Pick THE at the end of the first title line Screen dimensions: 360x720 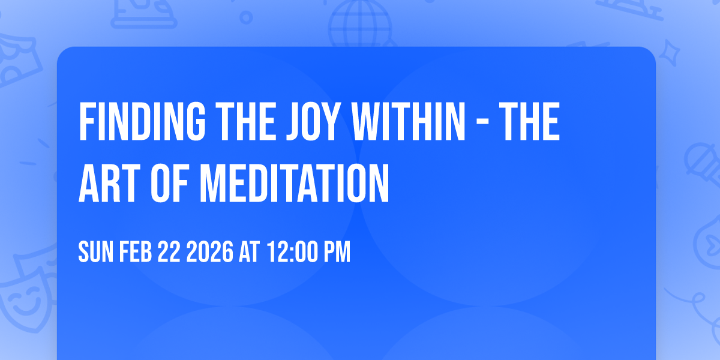pyautogui.click(x=530, y=122)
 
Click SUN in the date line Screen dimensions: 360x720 pyautogui.click(x=96, y=253)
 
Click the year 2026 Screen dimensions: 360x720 pyautogui.click(x=209, y=253)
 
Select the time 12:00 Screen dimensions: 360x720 pyautogui.click(x=291, y=253)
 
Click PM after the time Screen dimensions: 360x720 pyautogui.click(x=337, y=253)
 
